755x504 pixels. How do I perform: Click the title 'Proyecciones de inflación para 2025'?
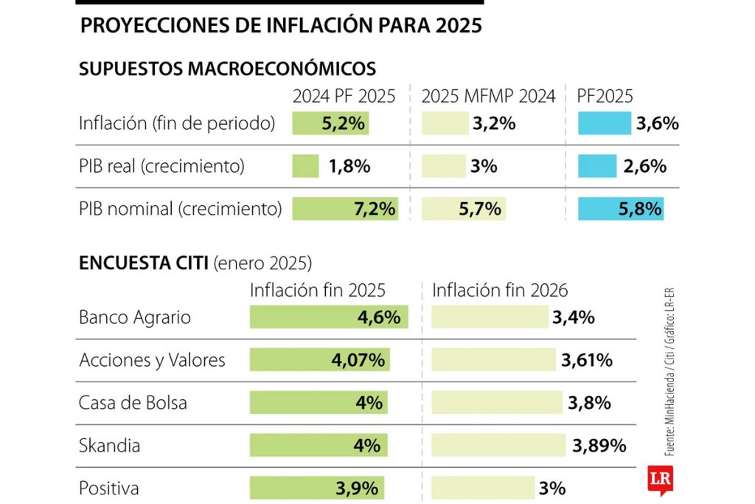coord(280,26)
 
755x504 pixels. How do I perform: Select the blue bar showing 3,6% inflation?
coord(605,123)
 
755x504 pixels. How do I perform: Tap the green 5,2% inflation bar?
coord(330,123)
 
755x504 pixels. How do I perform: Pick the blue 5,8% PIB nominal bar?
coord(620,209)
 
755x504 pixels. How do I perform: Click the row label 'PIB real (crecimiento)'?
coord(161,166)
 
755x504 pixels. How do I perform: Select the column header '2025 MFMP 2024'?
coord(488,96)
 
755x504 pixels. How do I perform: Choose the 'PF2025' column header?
coord(605,96)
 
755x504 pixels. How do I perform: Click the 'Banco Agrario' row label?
coord(135,317)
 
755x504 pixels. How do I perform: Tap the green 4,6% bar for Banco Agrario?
coord(329,317)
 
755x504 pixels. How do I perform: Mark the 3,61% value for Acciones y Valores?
coord(587,360)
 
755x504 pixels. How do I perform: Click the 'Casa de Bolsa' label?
coord(133,403)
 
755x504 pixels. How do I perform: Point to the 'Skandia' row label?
coord(109,446)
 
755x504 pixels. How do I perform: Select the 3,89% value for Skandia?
coord(599,446)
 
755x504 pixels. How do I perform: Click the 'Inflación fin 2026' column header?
coord(500,290)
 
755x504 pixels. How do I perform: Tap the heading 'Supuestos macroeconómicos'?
coord(227,69)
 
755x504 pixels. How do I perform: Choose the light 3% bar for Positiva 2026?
coord(483,488)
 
